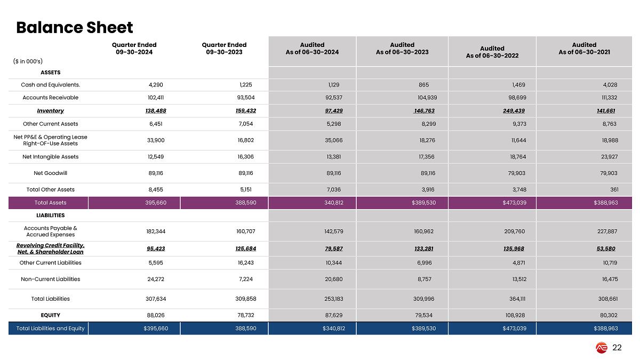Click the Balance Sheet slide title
tap(74, 27)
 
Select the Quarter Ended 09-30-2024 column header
tap(134, 48)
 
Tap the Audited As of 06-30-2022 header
tap(492, 52)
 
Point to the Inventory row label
tap(50, 111)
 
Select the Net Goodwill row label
tap(50, 173)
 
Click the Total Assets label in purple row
tap(50, 203)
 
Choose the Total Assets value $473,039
tap(515, 203)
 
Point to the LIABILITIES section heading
tap(50, 215)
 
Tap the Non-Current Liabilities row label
tap(50, 279)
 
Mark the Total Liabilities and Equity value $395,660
tap(156, 329)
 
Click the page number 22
tap(617, 348)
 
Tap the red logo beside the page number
tap(602, 348)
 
